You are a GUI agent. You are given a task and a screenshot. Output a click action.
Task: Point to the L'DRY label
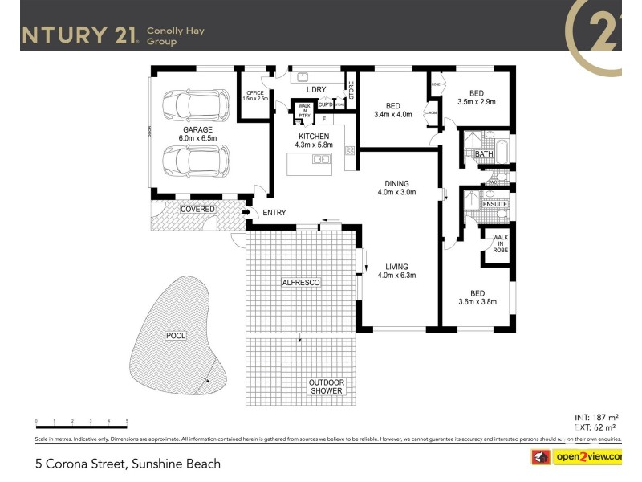315,89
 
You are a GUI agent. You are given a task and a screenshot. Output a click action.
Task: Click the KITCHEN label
314,137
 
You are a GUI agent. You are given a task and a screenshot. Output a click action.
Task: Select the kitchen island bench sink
323,159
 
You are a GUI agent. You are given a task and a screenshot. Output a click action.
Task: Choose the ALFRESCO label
301,283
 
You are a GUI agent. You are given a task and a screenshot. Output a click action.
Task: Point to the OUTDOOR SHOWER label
326,386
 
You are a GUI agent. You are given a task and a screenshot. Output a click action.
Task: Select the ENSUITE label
494,204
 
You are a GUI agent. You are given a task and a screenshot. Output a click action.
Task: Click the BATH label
483,153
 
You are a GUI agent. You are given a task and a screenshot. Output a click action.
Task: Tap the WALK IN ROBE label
500,243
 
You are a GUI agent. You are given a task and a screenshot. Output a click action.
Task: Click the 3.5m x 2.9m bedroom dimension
477,102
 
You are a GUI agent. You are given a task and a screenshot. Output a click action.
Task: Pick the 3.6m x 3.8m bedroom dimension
477,302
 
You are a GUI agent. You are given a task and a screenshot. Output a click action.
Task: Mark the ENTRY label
274,213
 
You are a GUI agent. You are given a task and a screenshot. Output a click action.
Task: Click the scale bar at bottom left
81,422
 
